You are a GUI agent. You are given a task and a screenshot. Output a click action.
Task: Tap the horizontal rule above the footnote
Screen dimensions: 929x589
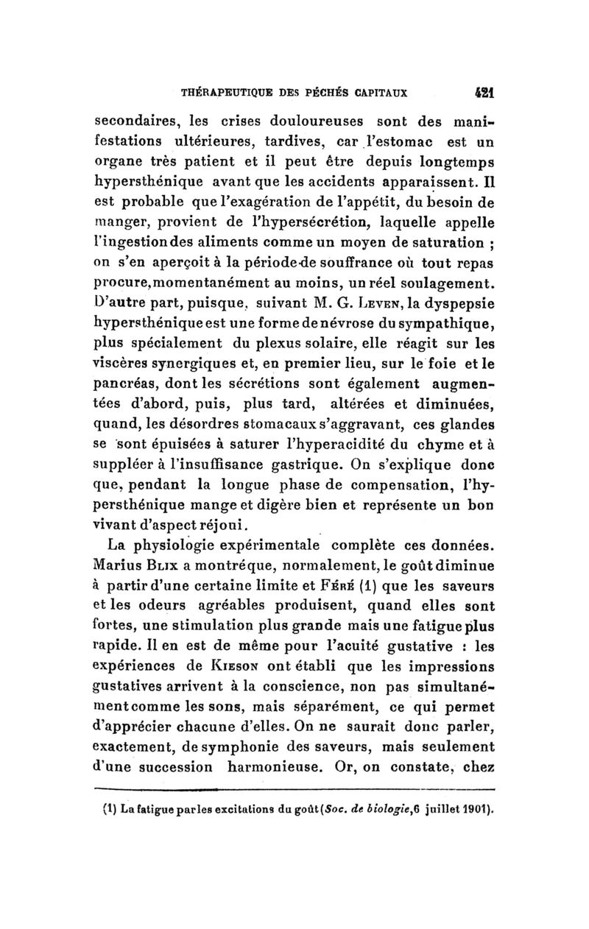pyautogui.click(x=294, y=792)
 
